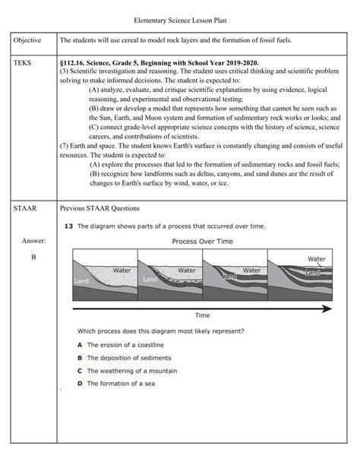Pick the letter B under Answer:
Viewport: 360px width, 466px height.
[x=33, y=257]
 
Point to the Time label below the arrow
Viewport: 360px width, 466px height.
[x=202, y=315]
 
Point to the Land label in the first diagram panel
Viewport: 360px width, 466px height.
[x=81, y=281]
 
